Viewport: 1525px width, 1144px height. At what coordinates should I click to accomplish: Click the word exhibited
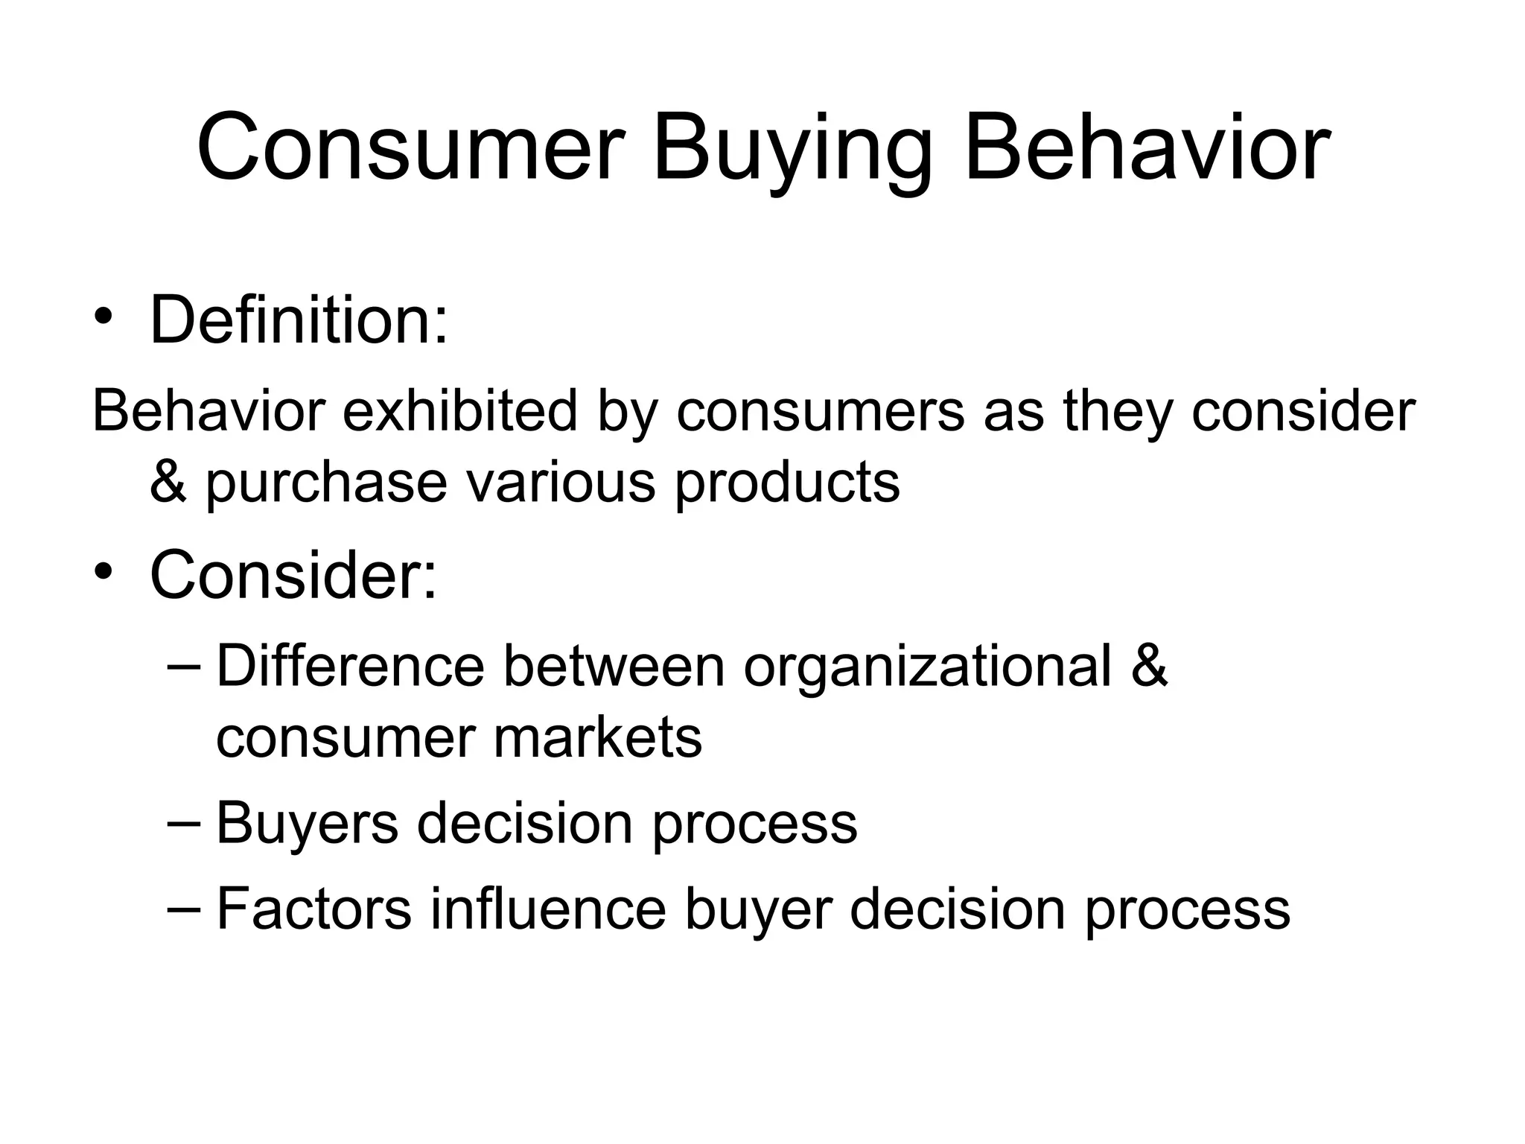[x=459, y=411]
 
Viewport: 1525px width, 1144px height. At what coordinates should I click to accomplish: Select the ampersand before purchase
[x=168, y=482]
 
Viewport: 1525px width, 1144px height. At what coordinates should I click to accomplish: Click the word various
[x=561, y=482]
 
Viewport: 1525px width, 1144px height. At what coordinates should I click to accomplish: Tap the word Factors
[x=313, y=909]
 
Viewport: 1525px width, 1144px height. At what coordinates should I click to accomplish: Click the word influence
[x=548, y=909]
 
